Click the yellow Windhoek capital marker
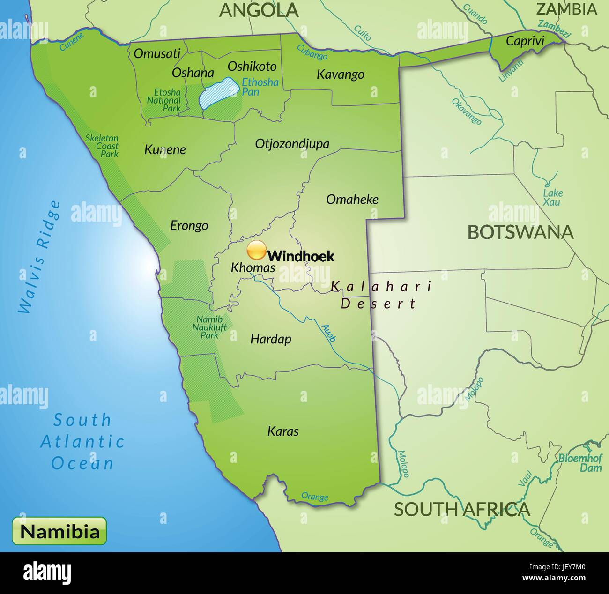pyautogui.click(x=256, y=251)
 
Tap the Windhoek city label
pyautogui.click(x=301, y=256)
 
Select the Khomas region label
pyautogui.click(x=253, y=268)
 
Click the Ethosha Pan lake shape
pyautogui.click(x=216, y=93)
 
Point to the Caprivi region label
pyautogui.click(x=525, y=41)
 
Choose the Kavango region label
pyautogui.click(x=341, y=74)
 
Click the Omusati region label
pyautogui.click(x=156, y=53)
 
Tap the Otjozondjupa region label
pyautogui.click(x=292, y=144)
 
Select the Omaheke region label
pyautogui.click(x=352, y=200)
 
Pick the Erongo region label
pyautogui.click(x=189, y=226)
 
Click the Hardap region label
pyautogui.click(x=270, y=339)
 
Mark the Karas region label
pyautogui.click(x=283, y=431)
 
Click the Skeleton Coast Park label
pyautogui.click(x=102, y=146)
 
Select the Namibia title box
pyautogui.click(x=59, y=532)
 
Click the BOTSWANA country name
pyautogui.click(x=520, y=232)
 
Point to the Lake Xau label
pyautogui.click(x=553, y=198)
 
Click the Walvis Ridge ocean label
pyautogui.click(x=40, y=257)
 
